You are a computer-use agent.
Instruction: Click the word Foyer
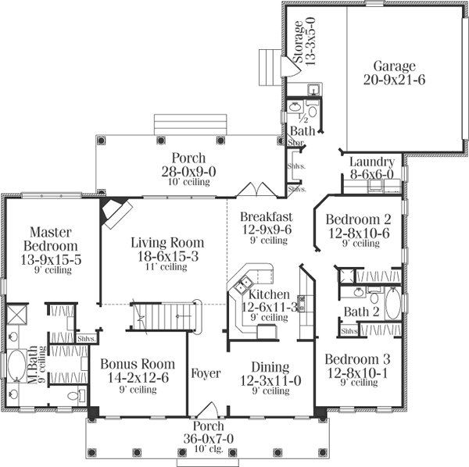207,373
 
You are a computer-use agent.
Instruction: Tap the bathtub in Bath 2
392,304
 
